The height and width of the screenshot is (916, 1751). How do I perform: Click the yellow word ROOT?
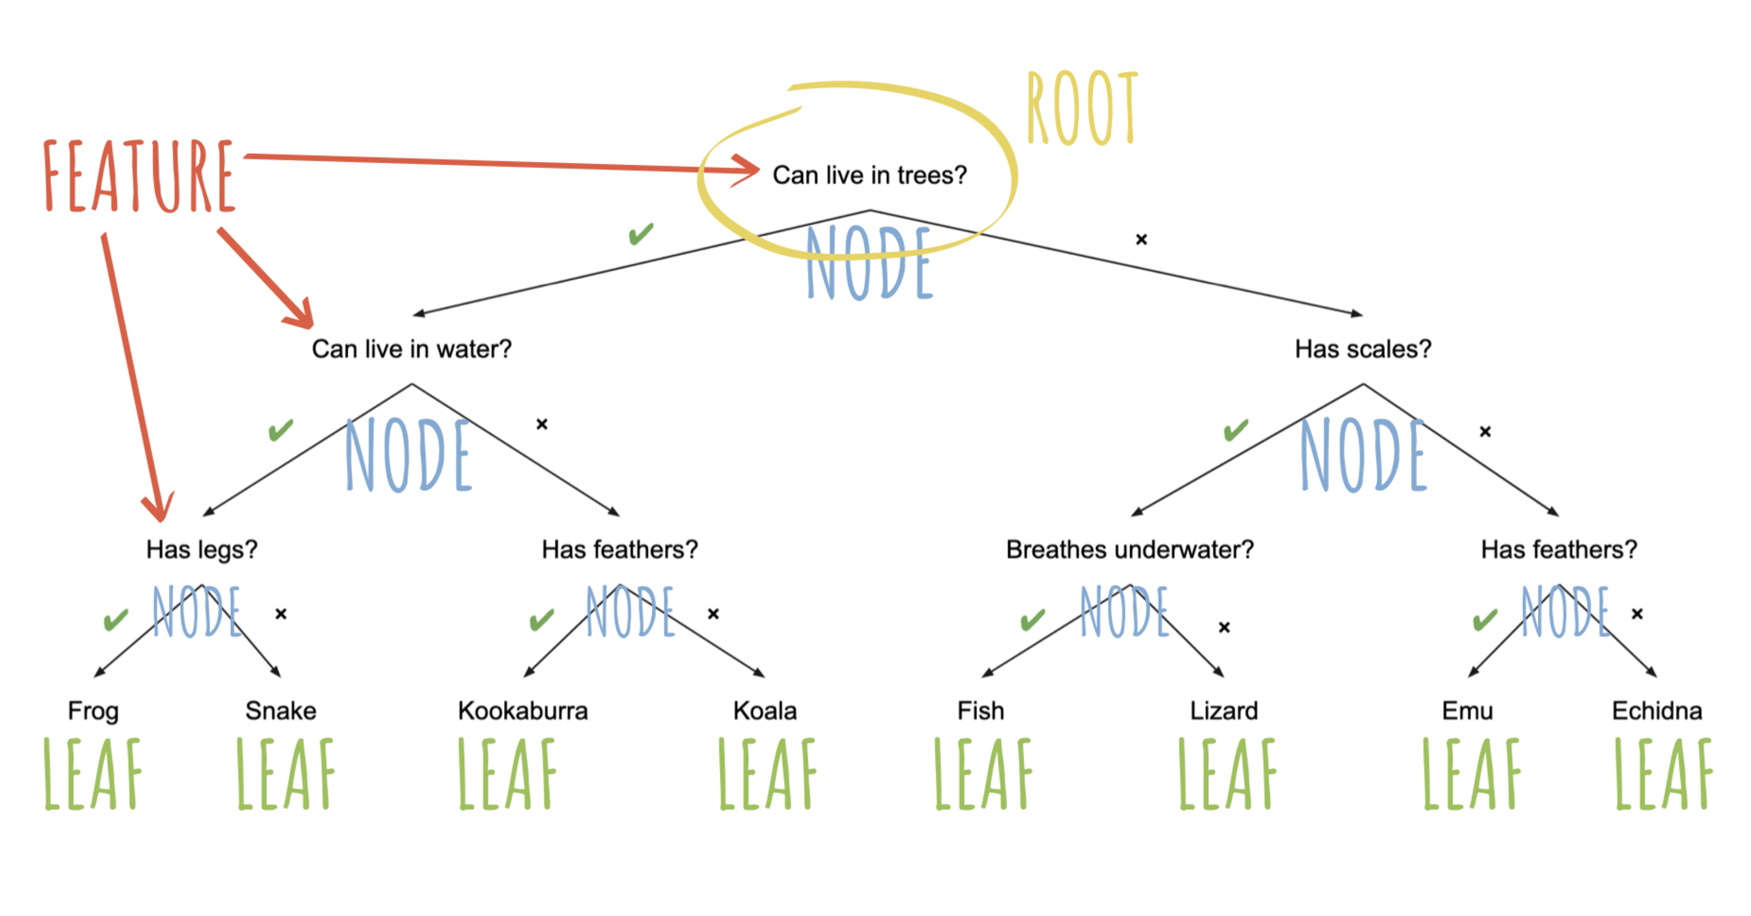(1082, 109)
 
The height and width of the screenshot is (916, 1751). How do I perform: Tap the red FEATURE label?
(139, 175)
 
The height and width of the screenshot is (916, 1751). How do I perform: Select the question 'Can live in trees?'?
(870, 175)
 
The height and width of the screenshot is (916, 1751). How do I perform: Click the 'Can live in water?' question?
(411, 348)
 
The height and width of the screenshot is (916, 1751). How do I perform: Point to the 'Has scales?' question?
(1363, 348)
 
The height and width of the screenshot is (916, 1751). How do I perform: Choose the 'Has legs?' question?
(202, 549)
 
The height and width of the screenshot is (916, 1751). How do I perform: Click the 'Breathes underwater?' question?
(1130, 549)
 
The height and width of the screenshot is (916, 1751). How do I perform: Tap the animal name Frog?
(93, 711)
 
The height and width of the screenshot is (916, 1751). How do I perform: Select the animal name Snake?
(281, 711)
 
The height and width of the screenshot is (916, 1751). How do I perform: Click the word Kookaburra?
(523, 711)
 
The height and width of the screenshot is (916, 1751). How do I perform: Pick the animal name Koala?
(765, 711)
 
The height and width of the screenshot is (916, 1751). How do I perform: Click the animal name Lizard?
(1223, 711)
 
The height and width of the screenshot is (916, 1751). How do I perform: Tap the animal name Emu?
(1468, 711)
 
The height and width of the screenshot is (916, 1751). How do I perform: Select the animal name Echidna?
(1657, 711)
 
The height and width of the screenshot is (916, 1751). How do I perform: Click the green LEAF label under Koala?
(767, 774)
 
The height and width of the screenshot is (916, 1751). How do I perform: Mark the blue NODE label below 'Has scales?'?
(1363, 455)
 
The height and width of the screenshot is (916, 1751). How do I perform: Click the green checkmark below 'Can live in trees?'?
(641, 234)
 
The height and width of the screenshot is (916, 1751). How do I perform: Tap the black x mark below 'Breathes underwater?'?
(1224, 627)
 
